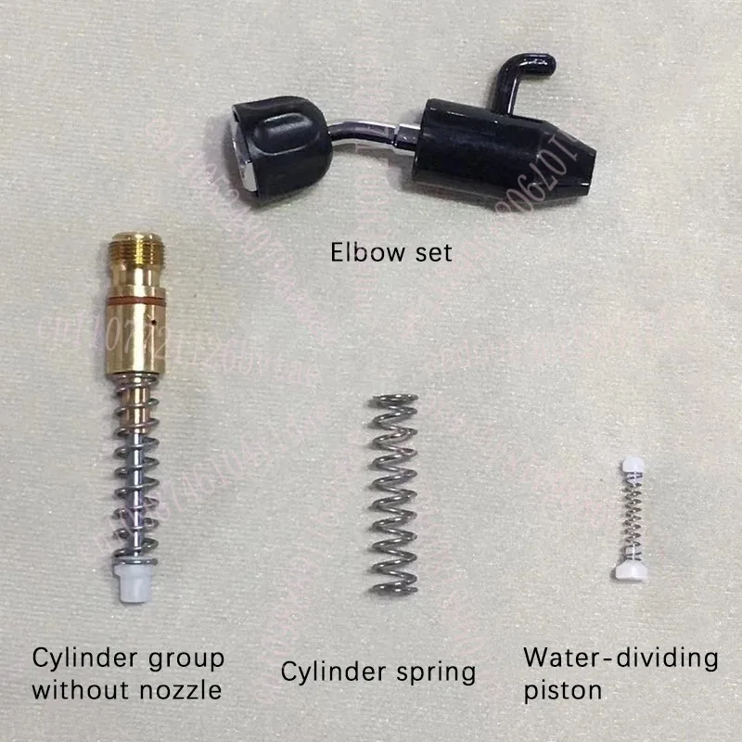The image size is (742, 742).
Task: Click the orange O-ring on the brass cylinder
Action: tap(135, 301)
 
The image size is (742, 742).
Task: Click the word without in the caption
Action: tap(74, 691)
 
